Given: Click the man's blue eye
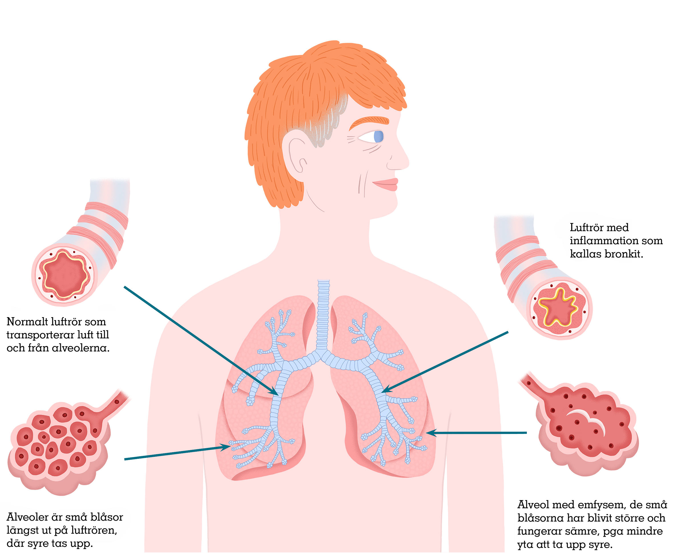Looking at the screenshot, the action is coord(378,137).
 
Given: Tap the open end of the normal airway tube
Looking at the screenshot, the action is coord(65,275).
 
